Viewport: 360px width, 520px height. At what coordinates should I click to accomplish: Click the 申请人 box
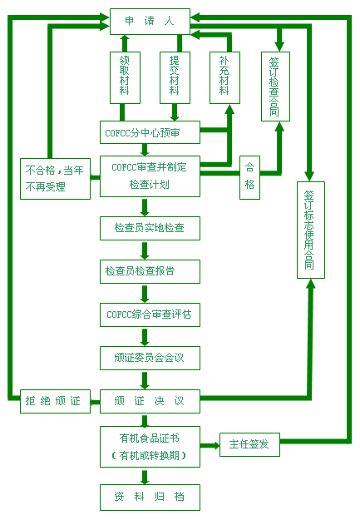tap(150, 22)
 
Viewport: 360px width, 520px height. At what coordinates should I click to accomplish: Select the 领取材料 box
tap(125, 77)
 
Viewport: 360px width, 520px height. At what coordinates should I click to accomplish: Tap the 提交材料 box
tap(175, 77)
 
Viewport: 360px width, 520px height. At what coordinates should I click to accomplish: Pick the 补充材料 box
tap(224, 77)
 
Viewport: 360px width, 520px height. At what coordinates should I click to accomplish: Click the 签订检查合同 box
tap(275, 87)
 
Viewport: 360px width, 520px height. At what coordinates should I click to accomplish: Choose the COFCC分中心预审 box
tap(150, 132)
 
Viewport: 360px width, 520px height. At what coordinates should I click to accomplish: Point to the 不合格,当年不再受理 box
tap(55, 179)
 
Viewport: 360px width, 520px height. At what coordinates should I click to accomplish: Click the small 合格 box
tap(249, 177)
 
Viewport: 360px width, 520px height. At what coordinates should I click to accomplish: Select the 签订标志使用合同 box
tap(311, 230)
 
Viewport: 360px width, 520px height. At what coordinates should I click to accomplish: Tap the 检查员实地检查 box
tap(150, 228)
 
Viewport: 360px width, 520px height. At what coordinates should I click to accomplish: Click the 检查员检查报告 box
tap(150, 271)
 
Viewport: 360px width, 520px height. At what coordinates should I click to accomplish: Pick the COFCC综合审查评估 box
tap(150, 314)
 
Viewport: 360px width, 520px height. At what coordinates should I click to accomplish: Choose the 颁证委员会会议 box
tap(150, 358)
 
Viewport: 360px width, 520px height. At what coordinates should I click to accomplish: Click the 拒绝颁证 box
tap(55, 401)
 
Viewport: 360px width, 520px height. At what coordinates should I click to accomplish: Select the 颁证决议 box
tap(150, 401)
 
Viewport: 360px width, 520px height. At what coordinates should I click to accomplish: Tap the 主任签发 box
tap(249, 444)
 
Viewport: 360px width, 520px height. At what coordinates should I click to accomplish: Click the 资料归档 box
tap(150, 497)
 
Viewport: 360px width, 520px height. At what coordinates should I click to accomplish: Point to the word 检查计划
tap(150, 185)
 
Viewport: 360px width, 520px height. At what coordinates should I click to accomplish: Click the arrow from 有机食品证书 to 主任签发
tap(210, 445)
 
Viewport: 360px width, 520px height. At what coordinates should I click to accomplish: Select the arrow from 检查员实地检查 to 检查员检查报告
tap(145, 250)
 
